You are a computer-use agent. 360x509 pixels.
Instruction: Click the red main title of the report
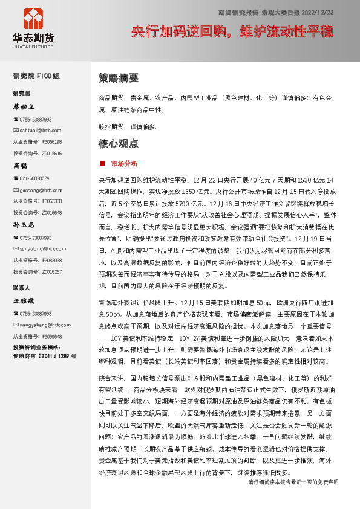click(x=232, y=31)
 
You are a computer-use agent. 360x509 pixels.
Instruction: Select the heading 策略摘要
click(x=119, y=78)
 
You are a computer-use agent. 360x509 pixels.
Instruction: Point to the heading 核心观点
click(x=119, y=144)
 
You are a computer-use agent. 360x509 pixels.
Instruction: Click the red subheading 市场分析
click(x=124, y=163)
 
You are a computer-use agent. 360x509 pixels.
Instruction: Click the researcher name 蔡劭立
click(x=24, y=106)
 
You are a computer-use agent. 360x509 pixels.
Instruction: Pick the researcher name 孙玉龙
click(x=24, y=225)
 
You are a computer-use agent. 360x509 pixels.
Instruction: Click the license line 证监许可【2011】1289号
click(x=45, y=357)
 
